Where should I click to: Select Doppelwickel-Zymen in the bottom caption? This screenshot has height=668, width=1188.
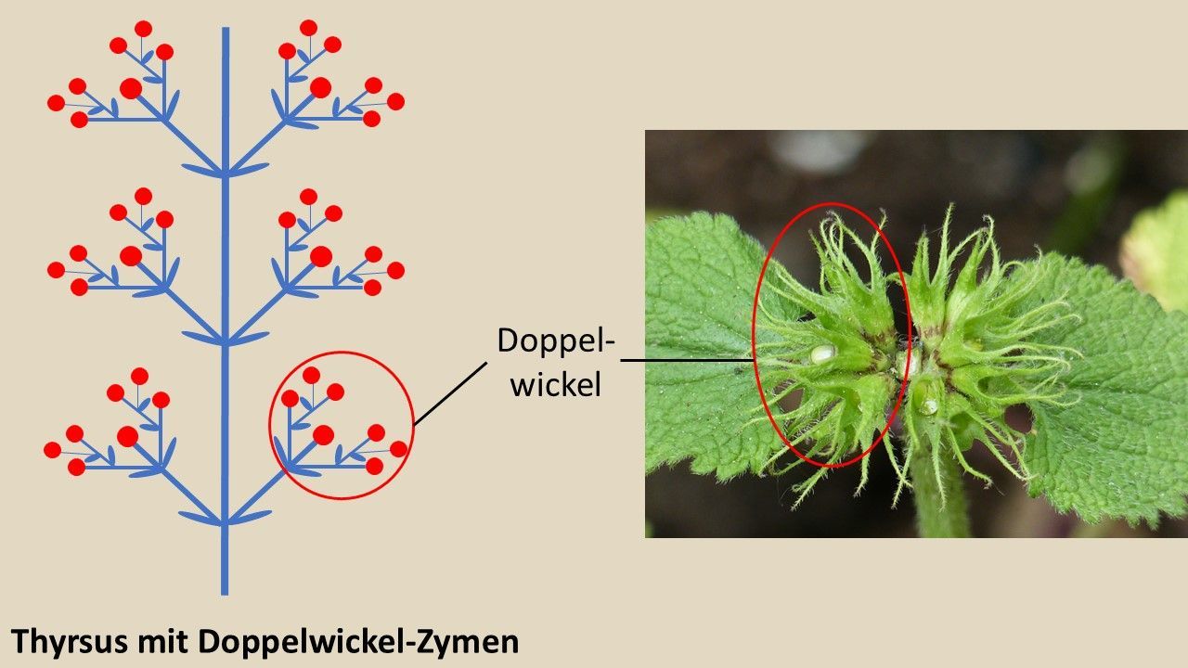[x=358, y=641]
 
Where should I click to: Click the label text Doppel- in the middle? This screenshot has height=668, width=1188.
[x=556, y=340]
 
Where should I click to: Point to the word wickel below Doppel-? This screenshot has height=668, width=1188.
[x=555, y=384]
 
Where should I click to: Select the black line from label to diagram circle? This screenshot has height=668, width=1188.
[x=450, y=393]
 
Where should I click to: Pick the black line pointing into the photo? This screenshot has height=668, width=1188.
[x=687, y=360]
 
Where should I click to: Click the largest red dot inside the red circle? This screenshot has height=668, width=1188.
[x=323, y=434]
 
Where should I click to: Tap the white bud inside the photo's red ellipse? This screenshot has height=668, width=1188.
[x=822, y=353]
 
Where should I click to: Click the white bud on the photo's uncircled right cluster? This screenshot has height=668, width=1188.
[x=928, y=406]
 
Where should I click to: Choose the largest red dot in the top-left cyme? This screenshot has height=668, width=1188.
[x=131, y=88]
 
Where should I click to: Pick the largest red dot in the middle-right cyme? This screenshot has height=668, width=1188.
[x=320, y=256]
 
